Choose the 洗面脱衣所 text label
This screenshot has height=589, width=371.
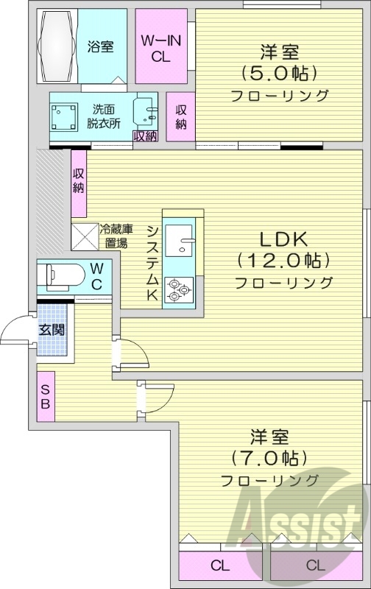click(106, 117)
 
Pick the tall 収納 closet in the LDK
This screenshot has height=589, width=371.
click(79, 180)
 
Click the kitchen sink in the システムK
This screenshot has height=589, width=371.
click(180, 238)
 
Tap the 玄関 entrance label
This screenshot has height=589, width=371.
click(52, 330)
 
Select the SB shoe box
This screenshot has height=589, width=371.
click(45, 397)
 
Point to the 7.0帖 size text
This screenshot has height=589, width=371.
click(269, 457)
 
